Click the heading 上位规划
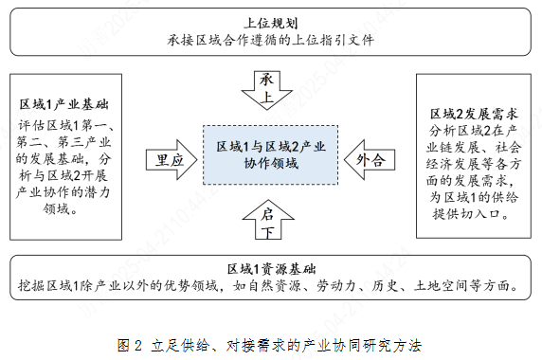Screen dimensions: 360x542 (271, 20)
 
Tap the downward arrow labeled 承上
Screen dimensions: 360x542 (269, 88)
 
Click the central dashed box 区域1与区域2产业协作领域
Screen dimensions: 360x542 (271, 155)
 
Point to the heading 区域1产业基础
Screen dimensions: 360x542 (64, 103)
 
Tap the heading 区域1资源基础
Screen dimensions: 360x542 (270, 268)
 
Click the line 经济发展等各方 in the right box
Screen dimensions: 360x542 (470, 163)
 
